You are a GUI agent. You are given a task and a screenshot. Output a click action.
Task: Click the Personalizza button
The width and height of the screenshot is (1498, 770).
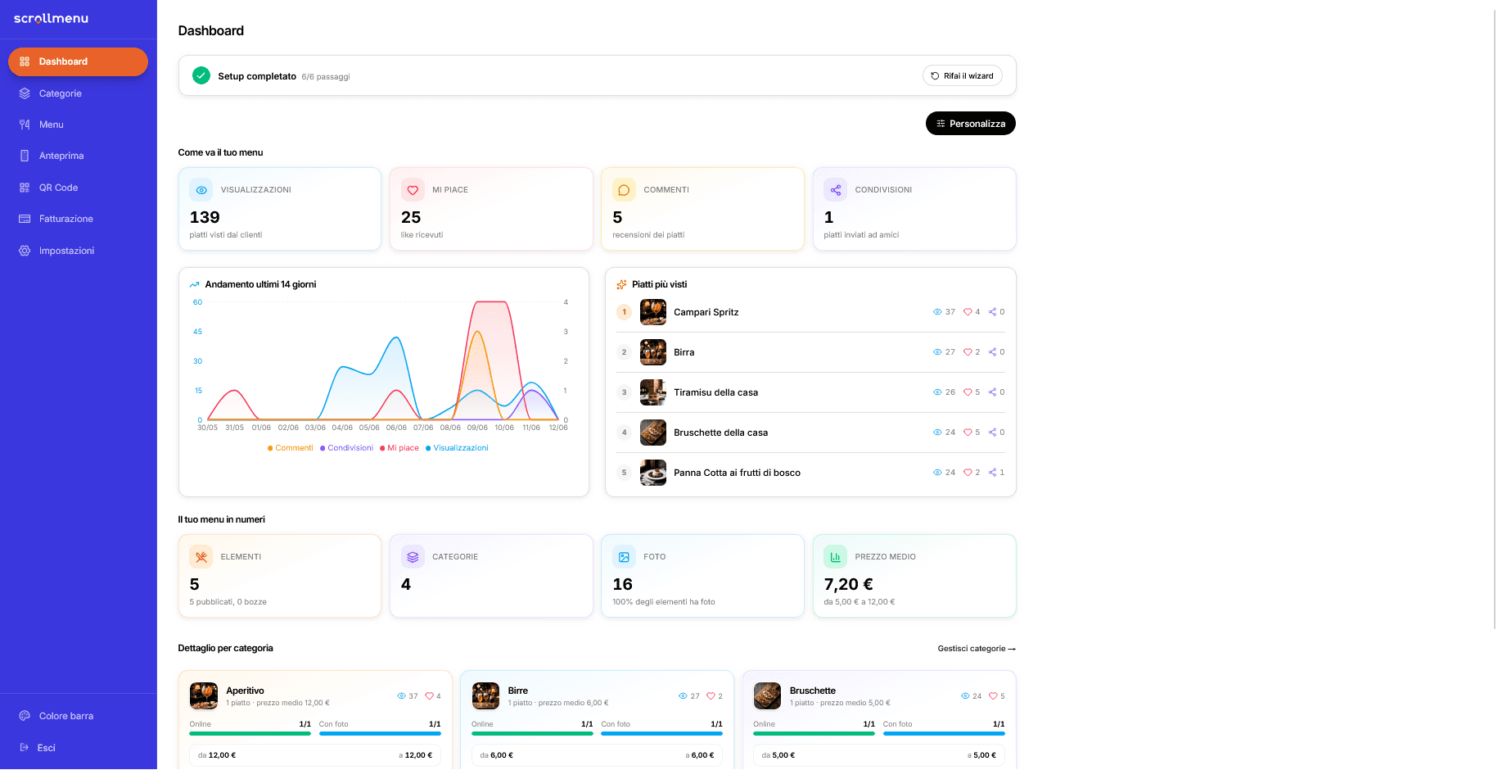click(x=970, y=124)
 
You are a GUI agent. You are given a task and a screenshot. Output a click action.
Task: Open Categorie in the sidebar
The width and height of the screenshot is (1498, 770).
click(x=60, y=93)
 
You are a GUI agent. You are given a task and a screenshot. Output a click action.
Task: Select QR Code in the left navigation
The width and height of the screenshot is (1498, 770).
click(x=58, y=188)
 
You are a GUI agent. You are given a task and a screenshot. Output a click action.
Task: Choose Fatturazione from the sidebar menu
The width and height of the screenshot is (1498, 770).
click(x=65, y=219)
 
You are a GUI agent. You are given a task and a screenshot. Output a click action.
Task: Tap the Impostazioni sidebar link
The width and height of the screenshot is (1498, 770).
click(x=66, y=251)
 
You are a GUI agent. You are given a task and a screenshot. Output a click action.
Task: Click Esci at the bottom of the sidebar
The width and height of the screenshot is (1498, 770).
click(x=46, y=748)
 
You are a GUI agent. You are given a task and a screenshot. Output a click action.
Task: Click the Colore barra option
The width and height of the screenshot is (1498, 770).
click(x=65, y=716)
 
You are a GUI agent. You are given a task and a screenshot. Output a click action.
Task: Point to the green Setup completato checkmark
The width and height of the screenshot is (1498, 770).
click(x=201, y=76)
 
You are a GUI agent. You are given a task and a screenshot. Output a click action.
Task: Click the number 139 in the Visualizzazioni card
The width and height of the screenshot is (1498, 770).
click(x=205, y=217)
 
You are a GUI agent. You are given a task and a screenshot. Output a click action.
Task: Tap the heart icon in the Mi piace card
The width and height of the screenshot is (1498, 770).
click(x=413, y=190)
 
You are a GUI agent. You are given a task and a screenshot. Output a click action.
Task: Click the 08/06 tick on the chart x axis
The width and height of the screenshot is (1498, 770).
click(x=450, y=428)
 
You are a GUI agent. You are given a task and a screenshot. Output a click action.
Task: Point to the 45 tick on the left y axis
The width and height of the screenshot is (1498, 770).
click(x=197, y=332)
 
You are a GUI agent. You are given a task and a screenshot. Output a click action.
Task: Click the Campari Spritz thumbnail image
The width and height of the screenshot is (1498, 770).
click(x=653, y=312)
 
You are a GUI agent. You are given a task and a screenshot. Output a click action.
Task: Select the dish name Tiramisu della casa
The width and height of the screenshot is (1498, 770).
click(x=715, y=392)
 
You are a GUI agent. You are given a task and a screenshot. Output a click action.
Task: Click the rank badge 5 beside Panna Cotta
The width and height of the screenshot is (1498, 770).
click(x=624, y=473)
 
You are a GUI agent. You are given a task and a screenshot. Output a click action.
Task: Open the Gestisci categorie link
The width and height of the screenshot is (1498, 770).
click(x=977, y=649)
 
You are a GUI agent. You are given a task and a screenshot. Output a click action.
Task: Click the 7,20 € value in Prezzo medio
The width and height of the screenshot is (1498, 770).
click(x=848, y=584)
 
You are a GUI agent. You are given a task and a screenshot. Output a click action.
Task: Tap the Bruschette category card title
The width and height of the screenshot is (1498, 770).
click(x=813, y=691)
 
